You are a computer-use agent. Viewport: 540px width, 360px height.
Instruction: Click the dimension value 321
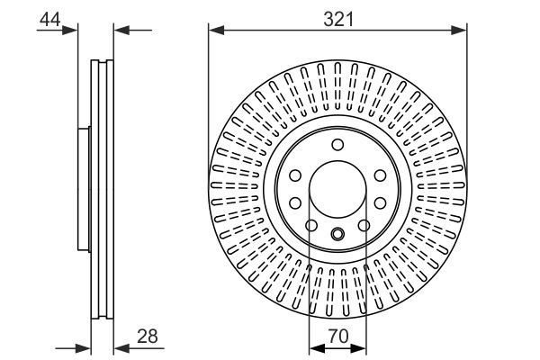[x=338, y=19]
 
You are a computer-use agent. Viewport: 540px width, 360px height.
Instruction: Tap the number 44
[x=49, y=19]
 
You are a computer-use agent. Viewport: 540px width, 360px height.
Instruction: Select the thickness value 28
[x=148, y=337]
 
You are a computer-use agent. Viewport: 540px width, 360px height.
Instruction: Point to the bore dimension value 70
[x=338, y=337]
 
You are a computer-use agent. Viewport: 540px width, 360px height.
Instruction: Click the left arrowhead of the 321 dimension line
[x=216, y=31]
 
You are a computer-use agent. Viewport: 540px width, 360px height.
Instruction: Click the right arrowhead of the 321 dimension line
[x=459, y=31]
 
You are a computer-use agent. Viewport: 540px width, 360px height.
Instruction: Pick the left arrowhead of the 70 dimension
[x=317, y=348]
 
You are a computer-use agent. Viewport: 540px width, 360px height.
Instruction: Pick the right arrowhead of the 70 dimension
[x=358, y=348]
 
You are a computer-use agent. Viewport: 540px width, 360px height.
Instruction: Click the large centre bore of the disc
[x=337, y=189]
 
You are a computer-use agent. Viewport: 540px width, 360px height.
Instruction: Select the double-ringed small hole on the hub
[x=337, y=234]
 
